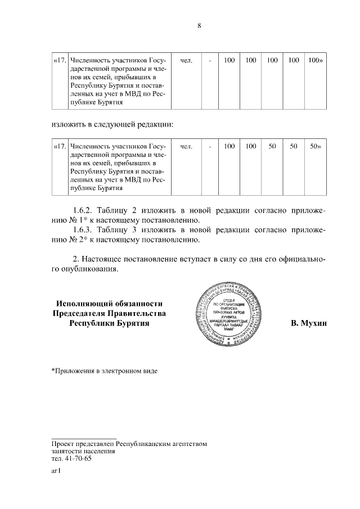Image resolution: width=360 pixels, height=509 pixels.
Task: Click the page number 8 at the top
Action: [x=199, y=25]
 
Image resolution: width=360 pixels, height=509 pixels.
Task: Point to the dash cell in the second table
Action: [x=210, y=146]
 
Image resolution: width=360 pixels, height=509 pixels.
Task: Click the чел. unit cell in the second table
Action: [x=186, y=146]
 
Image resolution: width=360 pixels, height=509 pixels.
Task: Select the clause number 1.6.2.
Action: [x=85, y=210]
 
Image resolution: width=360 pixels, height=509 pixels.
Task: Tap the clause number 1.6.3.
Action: [x=85, y=231]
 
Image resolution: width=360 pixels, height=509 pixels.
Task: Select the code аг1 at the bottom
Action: [x=56, y=472]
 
